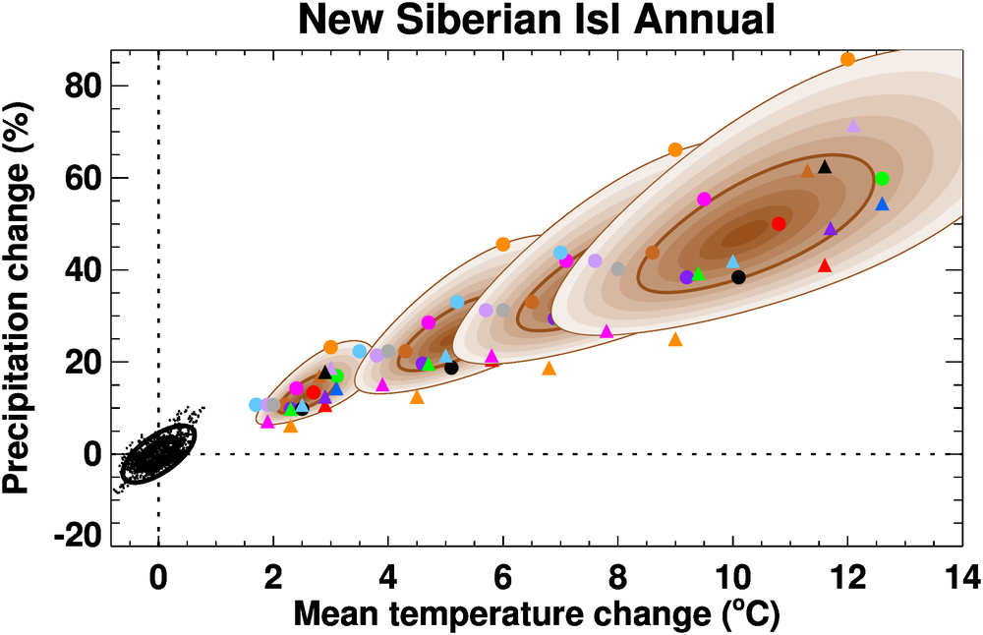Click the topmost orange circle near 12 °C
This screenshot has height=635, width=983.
847,59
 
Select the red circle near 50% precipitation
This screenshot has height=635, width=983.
779,224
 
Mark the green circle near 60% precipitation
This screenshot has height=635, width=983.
882,178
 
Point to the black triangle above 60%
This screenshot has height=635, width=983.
825,167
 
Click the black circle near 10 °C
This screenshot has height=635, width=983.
738,277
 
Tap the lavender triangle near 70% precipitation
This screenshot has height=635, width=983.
853,126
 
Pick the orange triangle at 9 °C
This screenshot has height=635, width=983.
675,339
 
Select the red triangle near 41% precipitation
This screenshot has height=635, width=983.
825,265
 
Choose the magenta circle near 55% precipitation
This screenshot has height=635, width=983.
704,199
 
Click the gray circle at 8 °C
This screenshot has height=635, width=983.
617,269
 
